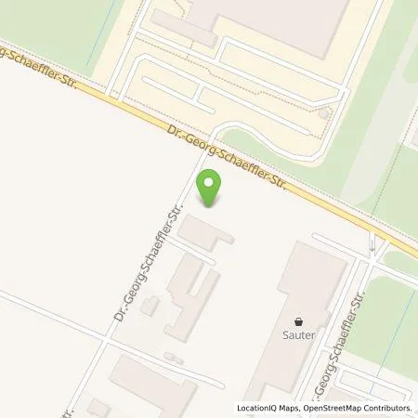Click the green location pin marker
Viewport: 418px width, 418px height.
coord(212,188)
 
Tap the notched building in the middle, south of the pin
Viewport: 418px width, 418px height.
coord(190,293)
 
